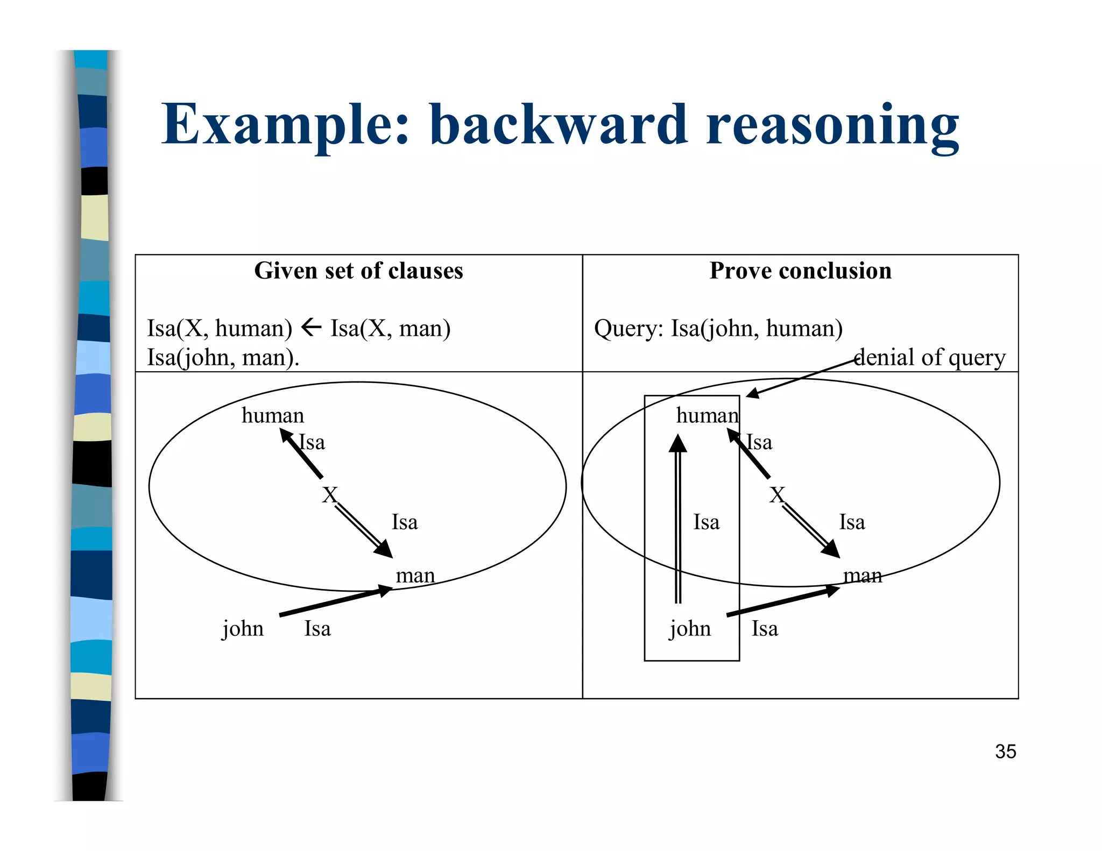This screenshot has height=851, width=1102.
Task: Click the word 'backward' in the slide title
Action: (558, 125)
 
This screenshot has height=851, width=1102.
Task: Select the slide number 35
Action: (1005, 751)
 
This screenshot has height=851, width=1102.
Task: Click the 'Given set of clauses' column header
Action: (358, 271)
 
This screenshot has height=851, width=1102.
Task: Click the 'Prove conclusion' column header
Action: (800, 271)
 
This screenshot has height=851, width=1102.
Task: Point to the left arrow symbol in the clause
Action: (311, 327)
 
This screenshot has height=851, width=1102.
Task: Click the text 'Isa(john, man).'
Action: (223, 357)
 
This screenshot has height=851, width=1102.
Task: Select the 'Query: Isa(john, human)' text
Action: (718, 328)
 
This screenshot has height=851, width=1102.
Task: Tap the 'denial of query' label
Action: (929, 357)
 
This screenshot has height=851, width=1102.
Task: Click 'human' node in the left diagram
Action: (273, 416)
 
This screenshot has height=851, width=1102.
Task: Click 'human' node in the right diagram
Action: (707, 416)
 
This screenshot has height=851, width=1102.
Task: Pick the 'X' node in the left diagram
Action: (329, 495)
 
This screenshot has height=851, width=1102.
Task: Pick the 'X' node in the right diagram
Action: (776, 495)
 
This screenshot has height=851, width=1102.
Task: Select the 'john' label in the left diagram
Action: (243, 628)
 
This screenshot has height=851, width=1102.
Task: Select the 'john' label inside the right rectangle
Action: (690, 628)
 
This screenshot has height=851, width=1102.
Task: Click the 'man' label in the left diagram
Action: (415, 576)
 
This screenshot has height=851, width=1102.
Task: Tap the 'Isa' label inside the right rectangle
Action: (706, 522)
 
